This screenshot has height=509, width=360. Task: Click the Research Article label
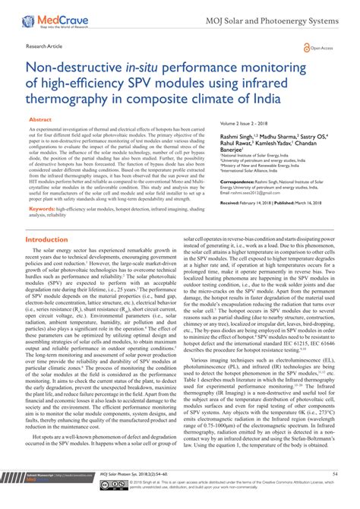coord(43,46)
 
